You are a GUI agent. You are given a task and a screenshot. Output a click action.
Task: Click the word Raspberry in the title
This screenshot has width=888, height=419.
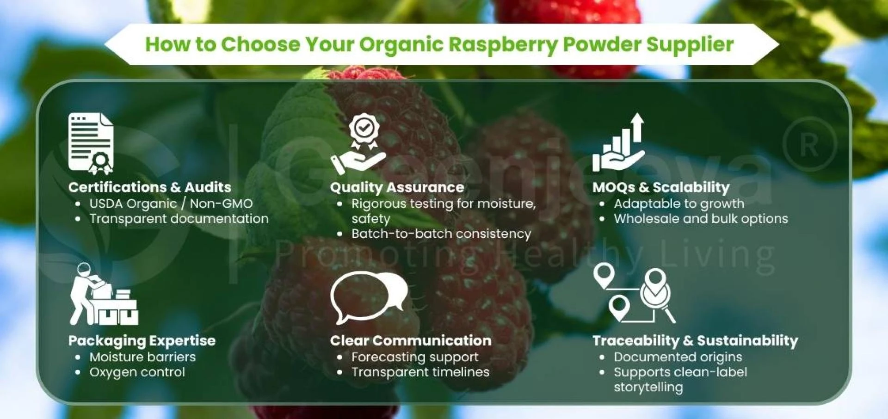point(503,45)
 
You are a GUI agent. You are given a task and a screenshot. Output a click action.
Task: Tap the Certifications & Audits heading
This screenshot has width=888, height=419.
point(150,187)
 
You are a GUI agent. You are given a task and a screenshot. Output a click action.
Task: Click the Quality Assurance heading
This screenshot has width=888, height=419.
point(397,187)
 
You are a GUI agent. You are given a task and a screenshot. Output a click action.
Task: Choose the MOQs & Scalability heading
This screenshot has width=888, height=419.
point(661,187)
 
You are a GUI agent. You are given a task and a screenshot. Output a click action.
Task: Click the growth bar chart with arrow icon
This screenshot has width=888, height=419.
point(619,142)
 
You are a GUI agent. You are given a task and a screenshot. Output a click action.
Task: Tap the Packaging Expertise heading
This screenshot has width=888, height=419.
point(142,341)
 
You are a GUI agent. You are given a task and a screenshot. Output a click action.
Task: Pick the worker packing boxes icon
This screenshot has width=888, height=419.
point(104,294)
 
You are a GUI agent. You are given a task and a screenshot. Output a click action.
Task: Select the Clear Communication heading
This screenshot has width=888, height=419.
point(411,341)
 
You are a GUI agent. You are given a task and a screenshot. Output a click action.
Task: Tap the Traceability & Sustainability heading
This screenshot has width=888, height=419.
point(695,341)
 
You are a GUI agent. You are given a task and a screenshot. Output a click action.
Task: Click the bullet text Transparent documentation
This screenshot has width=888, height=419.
point(179,219)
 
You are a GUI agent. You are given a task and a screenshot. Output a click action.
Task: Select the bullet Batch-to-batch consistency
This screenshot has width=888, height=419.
point(441,234)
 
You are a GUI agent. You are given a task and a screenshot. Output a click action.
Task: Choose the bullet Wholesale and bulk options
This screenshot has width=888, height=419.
point(701,219)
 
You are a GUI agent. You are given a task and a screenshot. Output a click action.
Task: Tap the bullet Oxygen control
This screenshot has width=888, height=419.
point(137,372)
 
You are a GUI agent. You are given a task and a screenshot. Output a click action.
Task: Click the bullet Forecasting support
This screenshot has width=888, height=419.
point(415,357)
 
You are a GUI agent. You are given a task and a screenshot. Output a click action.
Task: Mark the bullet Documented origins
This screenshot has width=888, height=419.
point(678,357)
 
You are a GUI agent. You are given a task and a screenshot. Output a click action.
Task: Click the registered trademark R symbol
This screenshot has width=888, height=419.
point(809,145)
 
